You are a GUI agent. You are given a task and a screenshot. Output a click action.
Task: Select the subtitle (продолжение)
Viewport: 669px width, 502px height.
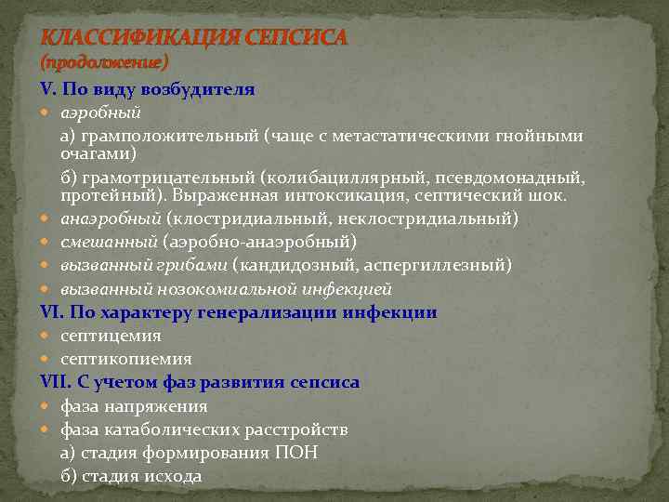pos(104,62)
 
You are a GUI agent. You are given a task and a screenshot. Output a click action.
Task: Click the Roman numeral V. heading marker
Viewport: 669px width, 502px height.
pos(49,90)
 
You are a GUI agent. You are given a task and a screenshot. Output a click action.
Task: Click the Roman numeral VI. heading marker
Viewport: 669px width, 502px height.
pos(52,312)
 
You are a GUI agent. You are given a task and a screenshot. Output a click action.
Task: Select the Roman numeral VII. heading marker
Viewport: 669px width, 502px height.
pos(56,382)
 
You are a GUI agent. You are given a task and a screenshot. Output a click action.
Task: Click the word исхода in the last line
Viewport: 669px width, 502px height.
pos(169,476)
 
